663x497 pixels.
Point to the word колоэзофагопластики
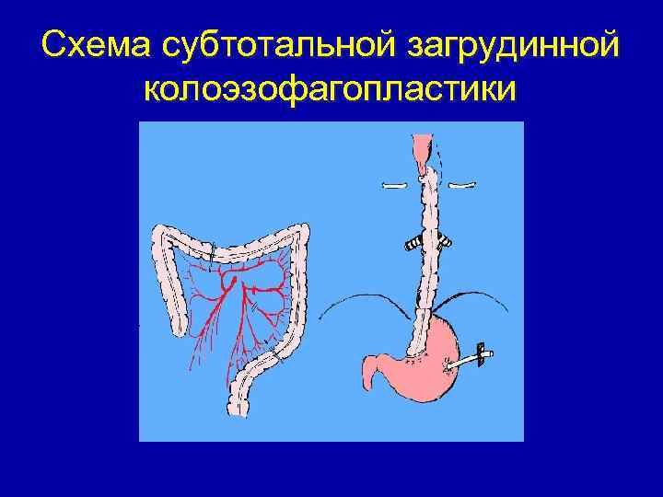[x=331, y=90]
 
